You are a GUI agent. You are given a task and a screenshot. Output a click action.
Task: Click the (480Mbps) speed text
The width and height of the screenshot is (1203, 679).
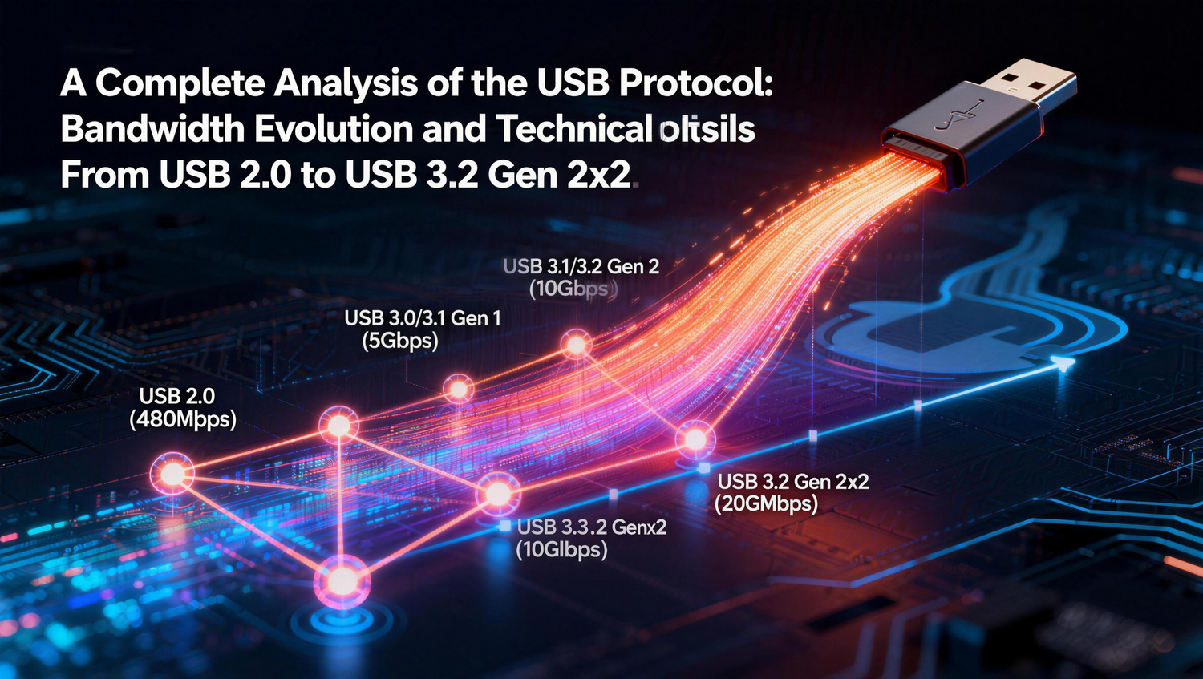[x=183, y=418]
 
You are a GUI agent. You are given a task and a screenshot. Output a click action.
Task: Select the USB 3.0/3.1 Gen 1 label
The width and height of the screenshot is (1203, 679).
[x=423, y=318]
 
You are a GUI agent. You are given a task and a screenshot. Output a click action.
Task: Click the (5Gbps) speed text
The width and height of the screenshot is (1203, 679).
[x=400, y=341]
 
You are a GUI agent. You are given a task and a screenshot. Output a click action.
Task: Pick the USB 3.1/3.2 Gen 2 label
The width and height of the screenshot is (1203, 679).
[x=581, y=266]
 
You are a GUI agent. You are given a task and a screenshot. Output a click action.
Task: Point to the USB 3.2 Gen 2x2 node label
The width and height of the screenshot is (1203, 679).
[x=792, y=482]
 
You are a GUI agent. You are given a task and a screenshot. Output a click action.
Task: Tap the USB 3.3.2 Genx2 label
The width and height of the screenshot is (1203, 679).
[x=592, y=527]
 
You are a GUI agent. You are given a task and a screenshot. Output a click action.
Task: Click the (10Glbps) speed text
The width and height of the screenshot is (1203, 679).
[x=561, y=550]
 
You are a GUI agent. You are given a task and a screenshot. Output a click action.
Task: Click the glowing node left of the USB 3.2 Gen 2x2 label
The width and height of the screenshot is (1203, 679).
[x=695, y=439]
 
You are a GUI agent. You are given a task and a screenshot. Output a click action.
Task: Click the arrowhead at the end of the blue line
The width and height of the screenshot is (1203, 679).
[x=1064, y=363]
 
